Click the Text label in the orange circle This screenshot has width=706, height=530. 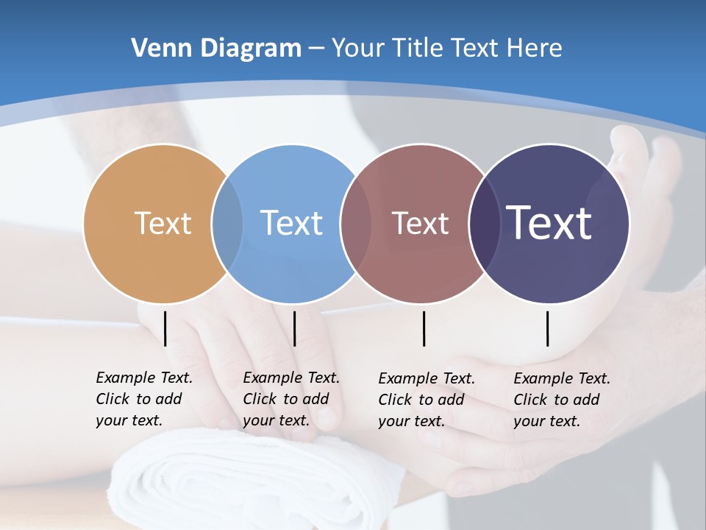(163, 223)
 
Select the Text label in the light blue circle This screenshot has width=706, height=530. (292, 223)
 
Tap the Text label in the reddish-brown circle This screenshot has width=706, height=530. (420, 223)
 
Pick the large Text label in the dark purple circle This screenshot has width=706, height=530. (549, 222)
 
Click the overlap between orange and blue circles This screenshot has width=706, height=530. (227, 223)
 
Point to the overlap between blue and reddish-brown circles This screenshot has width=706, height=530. (356, 223)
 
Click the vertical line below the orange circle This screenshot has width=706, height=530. (165, 328)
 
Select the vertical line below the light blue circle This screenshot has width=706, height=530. (294, 328)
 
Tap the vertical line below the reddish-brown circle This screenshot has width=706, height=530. (424, 328)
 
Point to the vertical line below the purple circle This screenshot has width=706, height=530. (548, 328)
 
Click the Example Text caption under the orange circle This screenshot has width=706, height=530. (143, 399)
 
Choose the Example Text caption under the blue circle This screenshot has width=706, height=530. (290, 399)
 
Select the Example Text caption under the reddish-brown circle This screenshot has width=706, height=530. (426, 400)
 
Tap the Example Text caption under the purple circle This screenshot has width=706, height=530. (561, 400)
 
